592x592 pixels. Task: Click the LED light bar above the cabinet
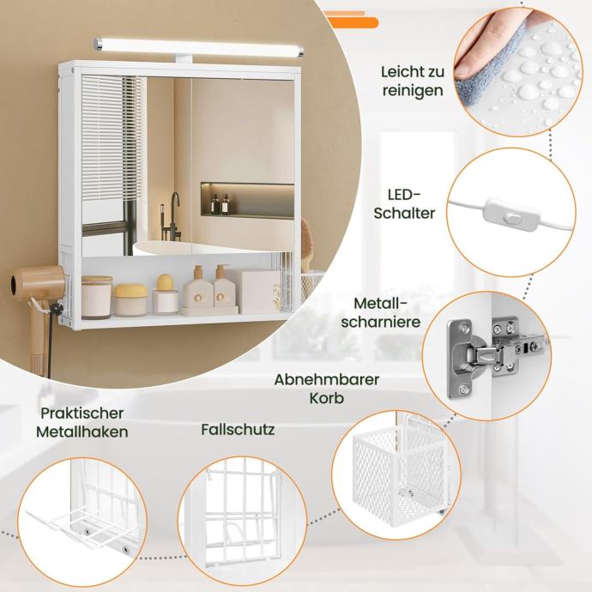coord(198,47)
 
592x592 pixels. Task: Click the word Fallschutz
coord(238,430)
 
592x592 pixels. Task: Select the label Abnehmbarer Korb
coord(327,389)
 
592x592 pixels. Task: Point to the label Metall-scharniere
coord(381,312)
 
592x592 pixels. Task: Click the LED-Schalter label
coord(404,204)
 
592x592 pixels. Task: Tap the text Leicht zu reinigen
coord(413,82)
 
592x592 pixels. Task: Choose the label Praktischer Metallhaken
coord(82,422)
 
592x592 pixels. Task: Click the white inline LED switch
coord(511,217)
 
